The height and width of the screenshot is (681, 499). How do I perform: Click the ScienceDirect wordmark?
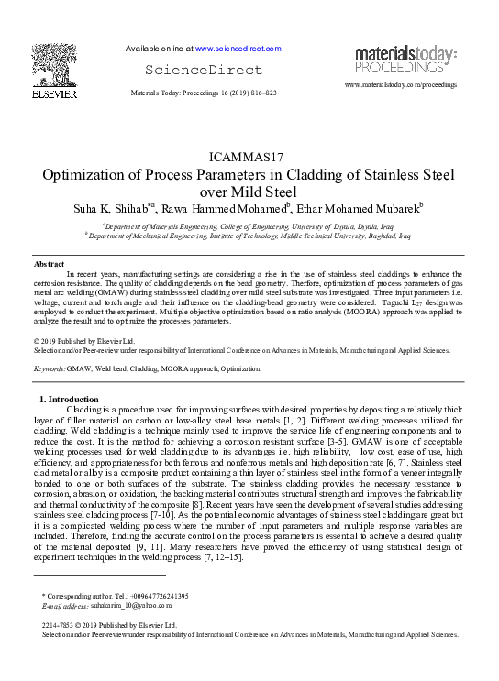(x=204, y=70)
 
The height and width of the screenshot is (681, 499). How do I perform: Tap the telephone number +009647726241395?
(x=157, y=596)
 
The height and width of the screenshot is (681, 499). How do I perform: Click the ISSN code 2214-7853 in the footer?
(x=58, y=623)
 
